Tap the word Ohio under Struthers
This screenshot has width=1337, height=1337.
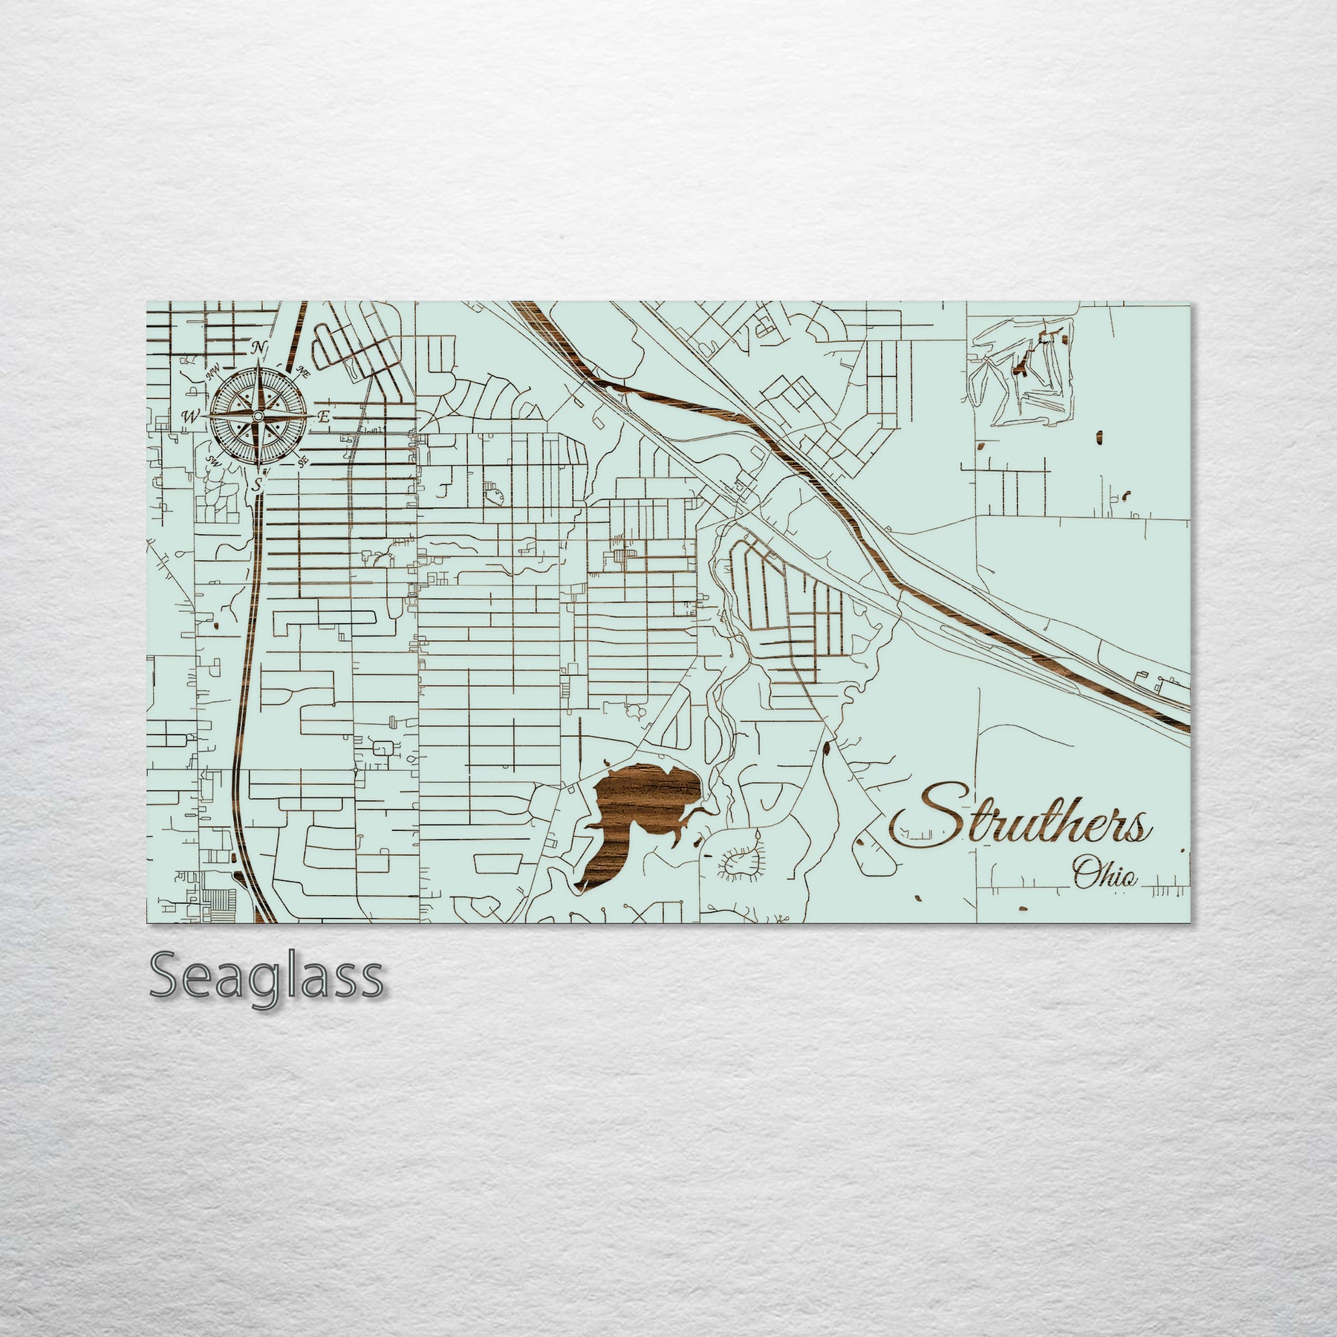(1105, 875)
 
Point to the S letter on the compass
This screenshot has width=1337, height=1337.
(258, 485)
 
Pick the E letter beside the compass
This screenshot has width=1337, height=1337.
(323, 417)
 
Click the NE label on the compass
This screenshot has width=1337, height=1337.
(302, 372)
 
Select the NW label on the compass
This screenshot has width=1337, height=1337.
(213, 374)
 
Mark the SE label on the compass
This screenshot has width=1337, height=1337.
(302, 462)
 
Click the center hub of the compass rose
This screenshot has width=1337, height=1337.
(258, 416)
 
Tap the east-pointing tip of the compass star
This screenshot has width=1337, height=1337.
(311, 416)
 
